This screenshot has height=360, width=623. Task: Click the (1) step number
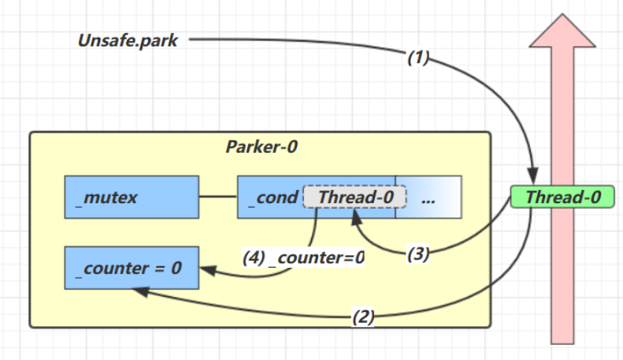click(x=419, y=58)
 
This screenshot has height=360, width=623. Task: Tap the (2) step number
click(x=362, y=318)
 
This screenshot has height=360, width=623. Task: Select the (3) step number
click(x=418, y=254)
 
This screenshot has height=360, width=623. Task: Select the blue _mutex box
click(x=131, y=197)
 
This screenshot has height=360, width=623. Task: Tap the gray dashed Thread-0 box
click(x=354, y=197)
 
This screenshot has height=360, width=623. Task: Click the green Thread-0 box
click(x=562, y=197)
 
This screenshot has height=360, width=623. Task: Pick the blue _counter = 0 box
click(x=131, y=267)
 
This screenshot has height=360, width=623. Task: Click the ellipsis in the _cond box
click(x=428, y=199)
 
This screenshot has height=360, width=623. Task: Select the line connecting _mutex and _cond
click(x=217, y=197)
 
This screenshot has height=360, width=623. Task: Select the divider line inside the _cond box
click(x=395, y=197)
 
